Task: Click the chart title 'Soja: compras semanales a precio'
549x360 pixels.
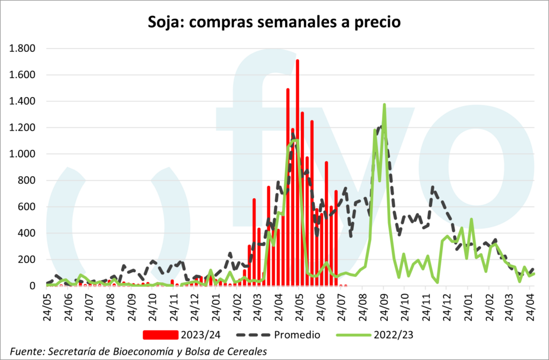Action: click(x=274, y=22)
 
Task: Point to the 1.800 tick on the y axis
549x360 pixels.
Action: click(x=22, y=49)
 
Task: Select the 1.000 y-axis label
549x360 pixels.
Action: click(x=22, y=154)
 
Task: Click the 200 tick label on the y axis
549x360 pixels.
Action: click(x=26, y=260)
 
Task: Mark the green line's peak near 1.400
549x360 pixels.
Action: click(x=384, y=105)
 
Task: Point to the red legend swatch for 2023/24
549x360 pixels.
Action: click(x=160, y=335)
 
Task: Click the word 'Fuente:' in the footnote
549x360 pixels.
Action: click(x=27, y=351)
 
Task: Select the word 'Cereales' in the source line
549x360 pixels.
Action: click(x=247, y=351)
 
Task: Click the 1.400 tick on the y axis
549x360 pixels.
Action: click(x=22, y=101)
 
